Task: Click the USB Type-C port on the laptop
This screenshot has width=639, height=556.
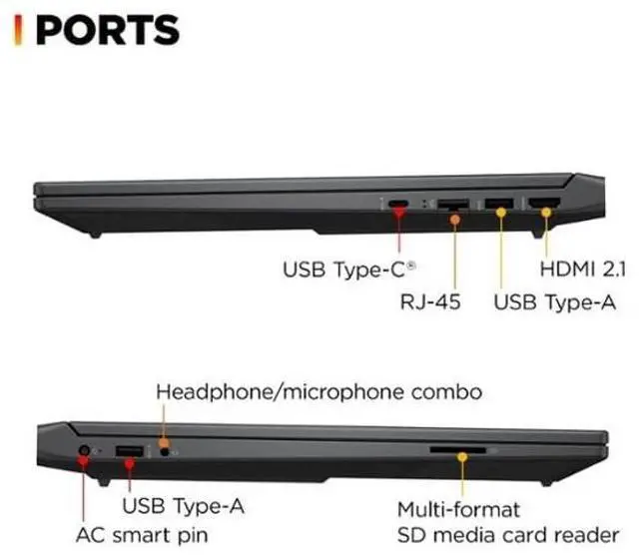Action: click(x=398, y=206)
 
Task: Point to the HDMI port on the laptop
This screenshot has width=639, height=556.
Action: click(x=544, y=206)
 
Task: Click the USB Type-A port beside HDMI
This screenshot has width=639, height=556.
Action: click(x=497, y=206)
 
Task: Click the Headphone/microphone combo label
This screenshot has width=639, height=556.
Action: click(x=319, y=390)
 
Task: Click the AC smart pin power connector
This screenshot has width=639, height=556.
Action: click(x=82, y=452)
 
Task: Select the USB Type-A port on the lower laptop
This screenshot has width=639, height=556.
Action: click(x=129, y=452)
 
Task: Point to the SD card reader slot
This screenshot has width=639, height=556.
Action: click(x=458, y=451)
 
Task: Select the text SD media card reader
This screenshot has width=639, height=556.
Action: click(x=507, y=535)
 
